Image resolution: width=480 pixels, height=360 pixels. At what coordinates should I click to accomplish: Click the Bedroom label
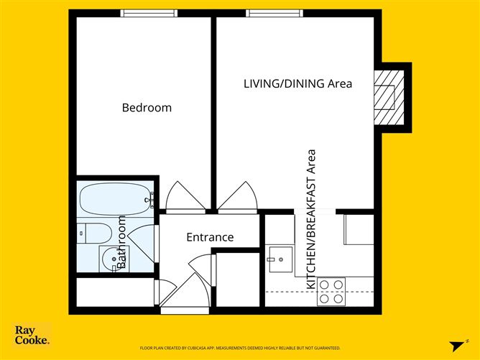point(147,108)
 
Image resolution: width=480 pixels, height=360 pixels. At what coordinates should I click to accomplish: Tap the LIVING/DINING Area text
point(297,84)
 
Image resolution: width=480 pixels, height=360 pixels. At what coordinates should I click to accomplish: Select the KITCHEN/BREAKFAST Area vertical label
point(312,219)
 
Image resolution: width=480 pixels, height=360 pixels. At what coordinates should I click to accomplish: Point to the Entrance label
point(210,237)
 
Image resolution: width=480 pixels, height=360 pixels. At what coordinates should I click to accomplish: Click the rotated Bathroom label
point(121,242)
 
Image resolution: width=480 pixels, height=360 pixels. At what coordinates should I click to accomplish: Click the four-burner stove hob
point(331,292)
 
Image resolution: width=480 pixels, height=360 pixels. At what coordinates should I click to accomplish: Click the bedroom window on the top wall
point(149,13)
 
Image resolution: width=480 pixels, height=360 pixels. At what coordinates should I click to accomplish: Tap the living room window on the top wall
point(274,13)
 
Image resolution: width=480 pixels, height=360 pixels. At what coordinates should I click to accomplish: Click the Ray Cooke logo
point(32,336)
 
